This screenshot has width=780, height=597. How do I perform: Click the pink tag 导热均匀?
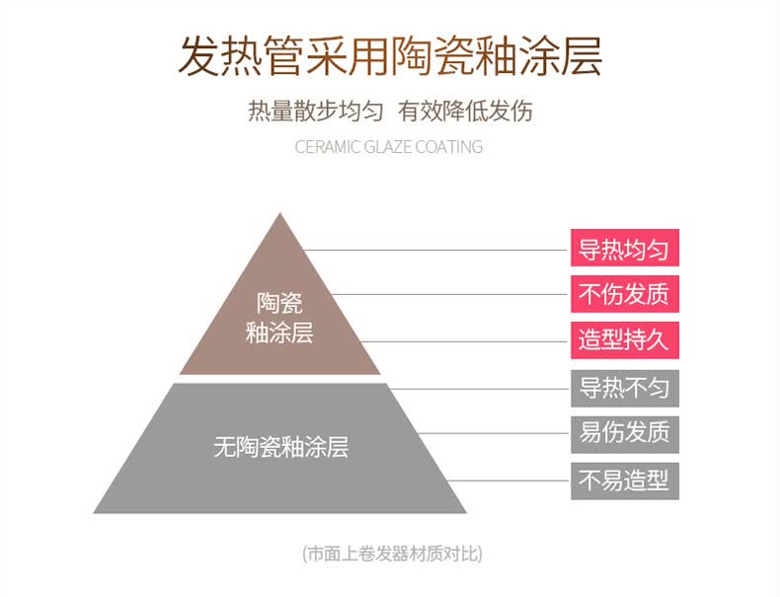coord(625,248)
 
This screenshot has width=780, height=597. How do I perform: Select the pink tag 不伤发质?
coord(625,294)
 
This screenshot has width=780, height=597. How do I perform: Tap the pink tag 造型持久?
coord(625,340)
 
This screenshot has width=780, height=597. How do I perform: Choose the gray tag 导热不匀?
coord(625,388)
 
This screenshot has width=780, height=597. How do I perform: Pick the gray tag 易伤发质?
coord(625,434)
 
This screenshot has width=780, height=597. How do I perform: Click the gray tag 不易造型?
coord(625,481)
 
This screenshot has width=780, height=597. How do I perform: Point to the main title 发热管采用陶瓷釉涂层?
coord(391,55)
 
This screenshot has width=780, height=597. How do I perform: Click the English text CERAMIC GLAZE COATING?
coord(388,147)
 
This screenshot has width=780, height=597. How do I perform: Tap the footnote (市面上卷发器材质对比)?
coord(392,554)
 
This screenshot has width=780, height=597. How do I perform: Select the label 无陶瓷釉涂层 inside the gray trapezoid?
coord(281,446)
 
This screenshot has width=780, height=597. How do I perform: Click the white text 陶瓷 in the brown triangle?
coord(279,303)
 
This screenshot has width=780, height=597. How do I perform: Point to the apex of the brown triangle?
coord(280,213)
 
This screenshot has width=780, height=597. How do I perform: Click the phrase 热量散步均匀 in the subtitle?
coord(315,111)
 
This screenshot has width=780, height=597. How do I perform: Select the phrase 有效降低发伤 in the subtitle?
coord(465,111)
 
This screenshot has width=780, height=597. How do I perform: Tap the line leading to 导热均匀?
coord(434,250)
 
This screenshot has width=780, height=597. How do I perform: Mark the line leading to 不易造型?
coord(507,481)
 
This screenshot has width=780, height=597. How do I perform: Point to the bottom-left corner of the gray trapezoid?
coord(94,513)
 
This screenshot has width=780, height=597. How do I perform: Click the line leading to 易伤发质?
coord(493,433)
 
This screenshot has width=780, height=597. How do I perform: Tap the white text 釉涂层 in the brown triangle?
coord(279,333)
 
